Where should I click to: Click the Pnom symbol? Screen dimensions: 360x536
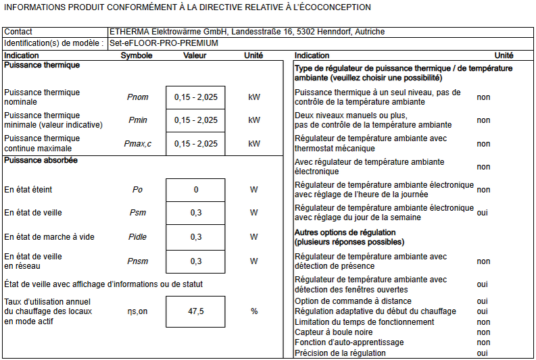[x=137, y=97]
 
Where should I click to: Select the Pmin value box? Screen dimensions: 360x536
[x=195, y=120]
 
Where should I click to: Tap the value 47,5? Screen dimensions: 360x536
[x=196, y=311]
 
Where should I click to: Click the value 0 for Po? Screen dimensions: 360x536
[x=196, y=190]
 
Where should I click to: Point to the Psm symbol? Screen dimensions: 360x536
[x=137, y=213]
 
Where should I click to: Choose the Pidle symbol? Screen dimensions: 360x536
[x=137, y=237]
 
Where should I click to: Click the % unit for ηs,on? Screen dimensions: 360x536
[x=254, y=311]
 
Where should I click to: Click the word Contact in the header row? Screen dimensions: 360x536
[x=18, y=32]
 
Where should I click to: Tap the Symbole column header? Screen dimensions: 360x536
[x=137, y=55]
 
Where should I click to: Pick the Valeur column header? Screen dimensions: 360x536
[x=195, y=55]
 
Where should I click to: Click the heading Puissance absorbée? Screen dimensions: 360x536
[x=41, y=161]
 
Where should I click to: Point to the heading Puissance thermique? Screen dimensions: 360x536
[x=42, y=66]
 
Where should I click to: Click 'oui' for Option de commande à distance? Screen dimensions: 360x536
[x=482, y=301]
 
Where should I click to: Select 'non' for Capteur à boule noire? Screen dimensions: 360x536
[x=483, y=332]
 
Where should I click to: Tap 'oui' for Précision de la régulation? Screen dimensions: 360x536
[x=482, y=353]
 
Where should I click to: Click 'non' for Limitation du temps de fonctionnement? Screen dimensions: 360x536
[x=483, y=322]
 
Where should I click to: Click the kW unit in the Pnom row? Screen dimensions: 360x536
[x=254, y=97]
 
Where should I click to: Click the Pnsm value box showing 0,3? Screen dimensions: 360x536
[x=196, y=261]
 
